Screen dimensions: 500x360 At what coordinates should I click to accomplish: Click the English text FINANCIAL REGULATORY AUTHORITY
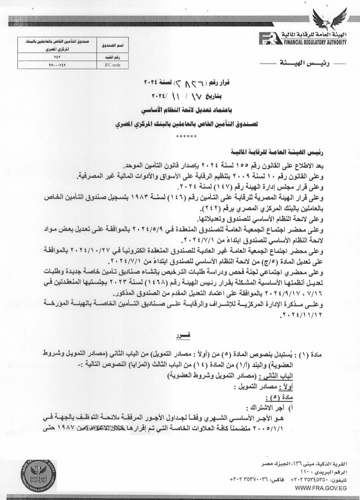[x=313, y=42]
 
